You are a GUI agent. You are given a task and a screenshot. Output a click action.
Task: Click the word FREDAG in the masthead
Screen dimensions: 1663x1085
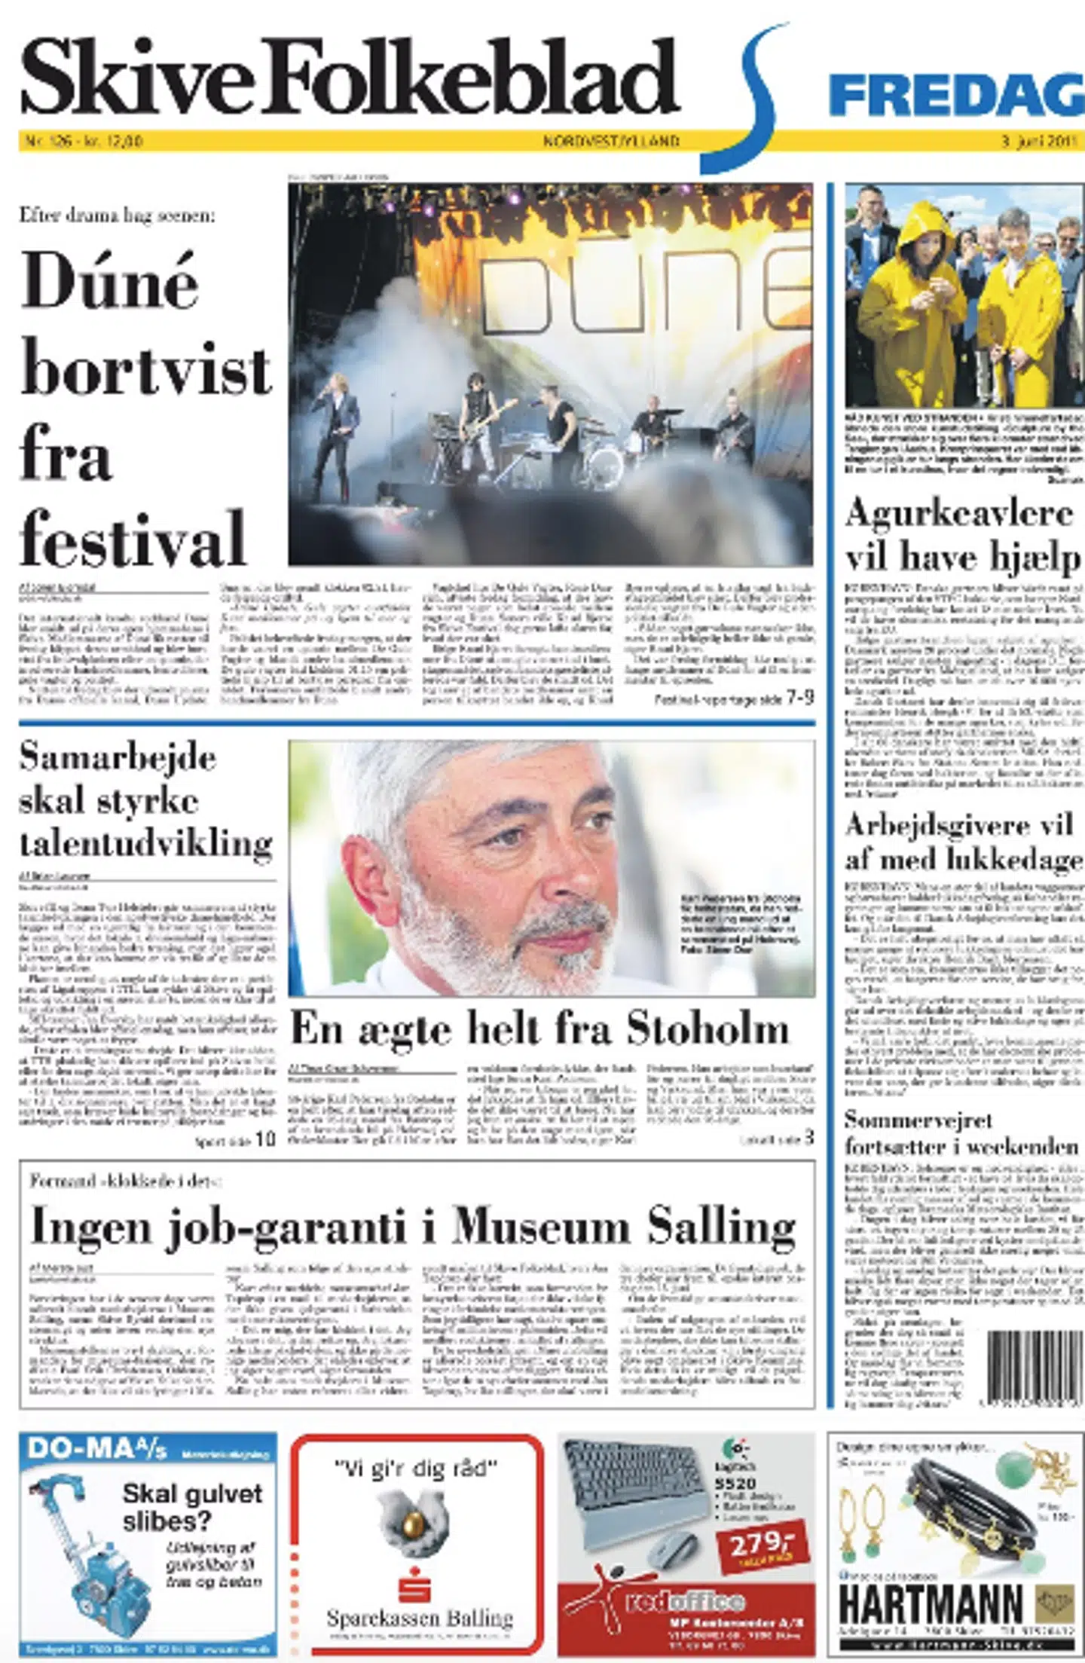tap(955, 96)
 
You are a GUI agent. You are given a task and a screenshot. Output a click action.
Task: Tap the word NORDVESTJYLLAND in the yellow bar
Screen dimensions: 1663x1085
tap(611, 141)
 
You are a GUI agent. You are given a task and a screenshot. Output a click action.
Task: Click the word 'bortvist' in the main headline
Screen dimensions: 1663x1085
tap(146, 371)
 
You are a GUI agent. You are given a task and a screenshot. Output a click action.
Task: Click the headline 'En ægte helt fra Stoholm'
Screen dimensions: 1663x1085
tap(539, 1029)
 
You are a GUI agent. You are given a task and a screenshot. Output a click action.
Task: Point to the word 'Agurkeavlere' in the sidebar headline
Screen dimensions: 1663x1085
tap(958, 514)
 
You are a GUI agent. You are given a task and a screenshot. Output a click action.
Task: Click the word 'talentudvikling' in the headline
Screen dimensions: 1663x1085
tap(146, 843)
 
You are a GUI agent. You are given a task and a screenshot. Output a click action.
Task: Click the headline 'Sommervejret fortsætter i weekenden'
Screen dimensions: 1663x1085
tap(961, 1133)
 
